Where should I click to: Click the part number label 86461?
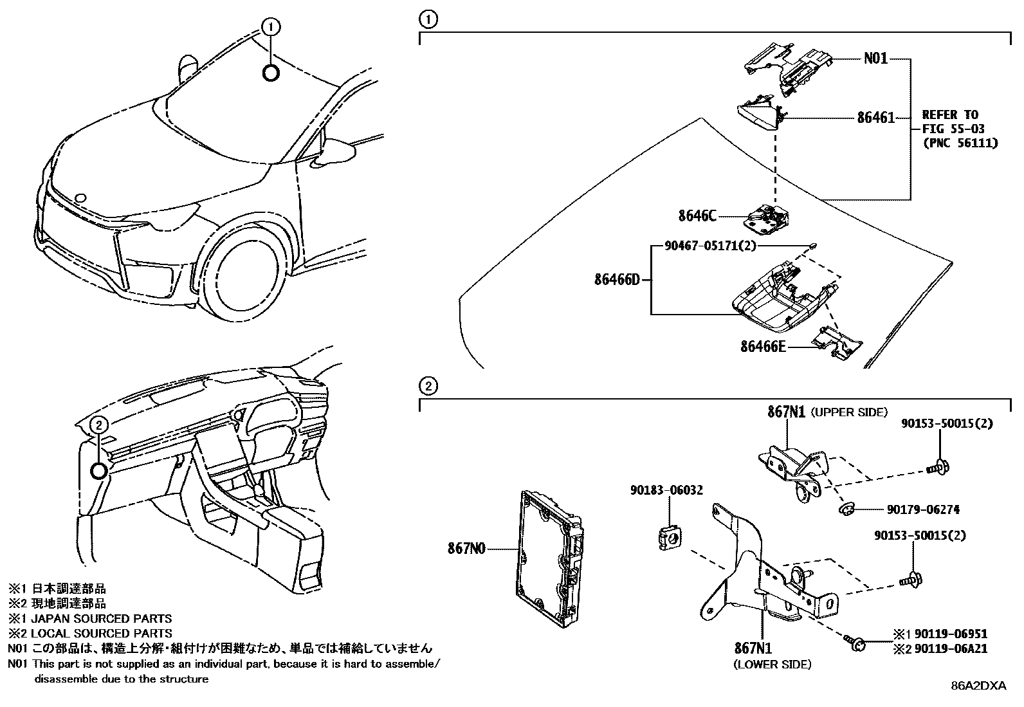[875, 118]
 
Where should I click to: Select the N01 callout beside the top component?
[875, 59]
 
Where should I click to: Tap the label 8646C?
[697, 216]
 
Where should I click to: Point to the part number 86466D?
[617, 280]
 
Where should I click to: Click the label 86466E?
[763, 347]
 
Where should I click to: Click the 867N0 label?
[466, 549]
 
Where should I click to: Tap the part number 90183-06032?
[666, 490]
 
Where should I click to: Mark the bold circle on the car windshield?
[271, 73]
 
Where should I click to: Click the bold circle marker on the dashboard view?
[98, 471]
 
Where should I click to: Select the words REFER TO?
[949, 115]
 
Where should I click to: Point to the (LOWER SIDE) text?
[772, 665]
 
